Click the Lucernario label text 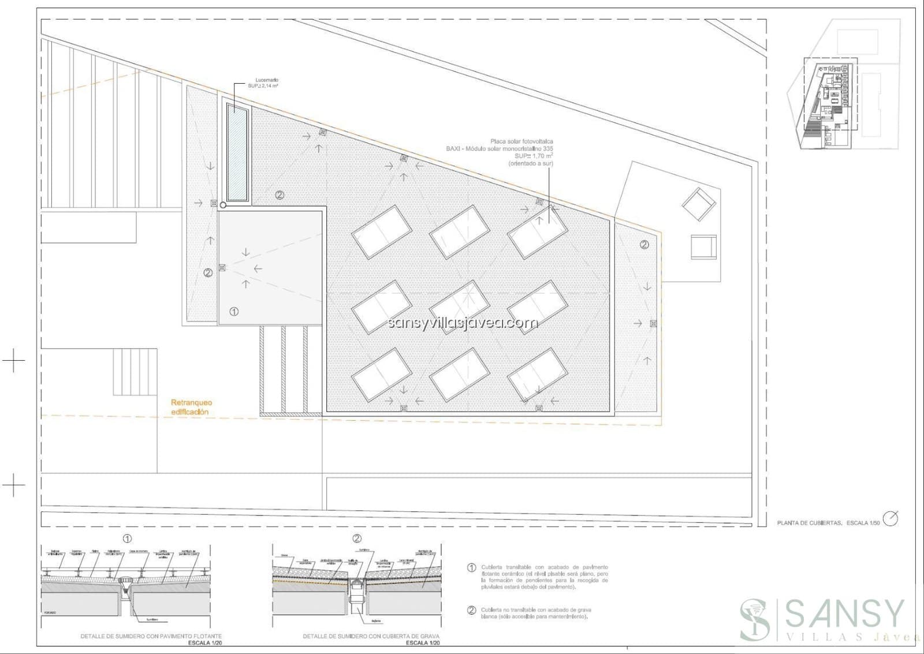[266, 80]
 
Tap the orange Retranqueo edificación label [191, 407]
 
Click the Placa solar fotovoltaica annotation [521, 141]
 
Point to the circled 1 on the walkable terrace [234, 312]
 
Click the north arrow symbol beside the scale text [891, 518]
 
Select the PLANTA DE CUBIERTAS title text [809, 523]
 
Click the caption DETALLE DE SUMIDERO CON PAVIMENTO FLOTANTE [151, 636]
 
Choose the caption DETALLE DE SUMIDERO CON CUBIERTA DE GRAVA [371, 636]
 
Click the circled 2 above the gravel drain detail [357, 539]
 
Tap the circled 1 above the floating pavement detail [127, 539]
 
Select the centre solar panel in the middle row [460, 307]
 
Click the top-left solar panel [382, 231]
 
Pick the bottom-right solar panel [537, 375]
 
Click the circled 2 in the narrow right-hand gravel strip [644, 245]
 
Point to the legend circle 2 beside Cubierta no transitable [472, 610]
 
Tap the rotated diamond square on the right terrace [698, 204]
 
